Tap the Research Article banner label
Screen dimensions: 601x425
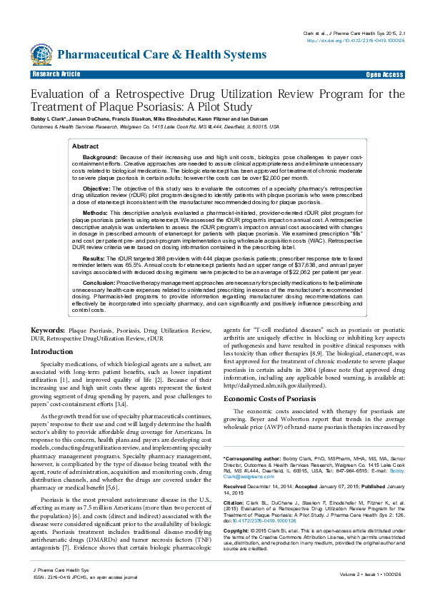pyautogui.click(x=56, y=74)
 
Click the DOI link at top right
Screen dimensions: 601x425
pyautogui.click(x=356, y=41)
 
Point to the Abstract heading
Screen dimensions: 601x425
pyautogui.click(x=86, y=146)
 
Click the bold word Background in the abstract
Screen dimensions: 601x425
pyautogui.click(x=100, y=156)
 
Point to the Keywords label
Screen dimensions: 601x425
pyautogui.click(x=48, y=331)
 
